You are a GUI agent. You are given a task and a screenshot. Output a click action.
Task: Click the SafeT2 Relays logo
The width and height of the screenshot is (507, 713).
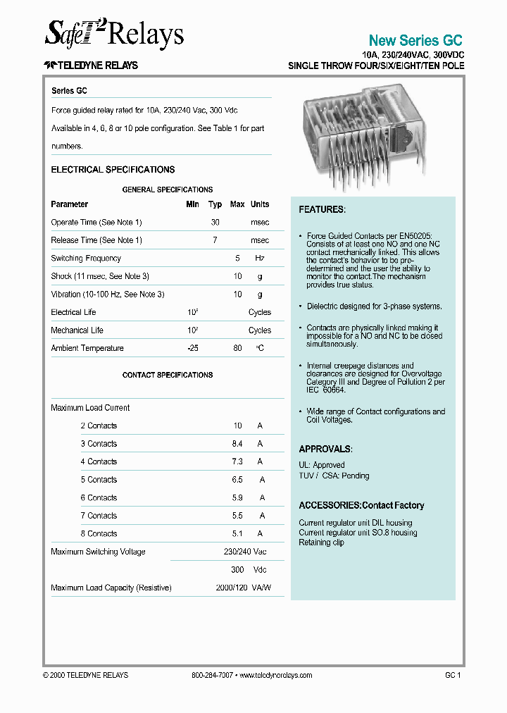pos(114,33)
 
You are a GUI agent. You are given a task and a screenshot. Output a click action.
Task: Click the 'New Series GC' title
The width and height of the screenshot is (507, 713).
pos(415,40)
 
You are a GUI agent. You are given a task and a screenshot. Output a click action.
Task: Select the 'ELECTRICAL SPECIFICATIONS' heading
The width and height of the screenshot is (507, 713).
pos(113,170)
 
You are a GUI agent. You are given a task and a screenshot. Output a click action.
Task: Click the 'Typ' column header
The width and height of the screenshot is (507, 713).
pos(215,204)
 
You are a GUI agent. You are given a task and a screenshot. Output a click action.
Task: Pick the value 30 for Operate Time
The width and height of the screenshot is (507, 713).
pos(215,223)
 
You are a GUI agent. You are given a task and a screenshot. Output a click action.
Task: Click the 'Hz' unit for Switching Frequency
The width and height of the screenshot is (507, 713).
pos(259,259)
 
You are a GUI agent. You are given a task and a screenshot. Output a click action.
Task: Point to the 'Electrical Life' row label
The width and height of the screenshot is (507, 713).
pos(73,312)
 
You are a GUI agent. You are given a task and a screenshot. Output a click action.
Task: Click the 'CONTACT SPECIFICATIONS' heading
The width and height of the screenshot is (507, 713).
pos(167,375)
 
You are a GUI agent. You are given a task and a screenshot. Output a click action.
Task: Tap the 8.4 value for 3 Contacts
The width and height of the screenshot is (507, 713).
pos(237,444)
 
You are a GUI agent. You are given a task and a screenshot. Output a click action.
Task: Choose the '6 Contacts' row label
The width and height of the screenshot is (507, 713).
pos(99,497)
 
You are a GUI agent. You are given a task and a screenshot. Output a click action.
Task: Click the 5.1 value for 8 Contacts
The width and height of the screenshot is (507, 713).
pos(237,533)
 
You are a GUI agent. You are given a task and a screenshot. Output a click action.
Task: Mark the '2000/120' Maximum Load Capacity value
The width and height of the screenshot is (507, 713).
pos(231,588)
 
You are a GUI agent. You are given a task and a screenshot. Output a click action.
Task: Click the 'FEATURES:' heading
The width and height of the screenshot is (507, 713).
pos(322,210)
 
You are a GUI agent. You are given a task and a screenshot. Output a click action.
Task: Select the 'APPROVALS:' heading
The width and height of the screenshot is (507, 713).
pos(325,449)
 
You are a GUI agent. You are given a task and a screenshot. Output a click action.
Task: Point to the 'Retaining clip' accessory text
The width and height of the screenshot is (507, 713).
pos(321,542)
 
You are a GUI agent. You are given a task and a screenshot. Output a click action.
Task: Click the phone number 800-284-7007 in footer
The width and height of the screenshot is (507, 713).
pos(212,675)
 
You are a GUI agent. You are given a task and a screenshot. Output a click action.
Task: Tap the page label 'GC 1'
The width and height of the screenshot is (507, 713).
pos(452,675)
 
